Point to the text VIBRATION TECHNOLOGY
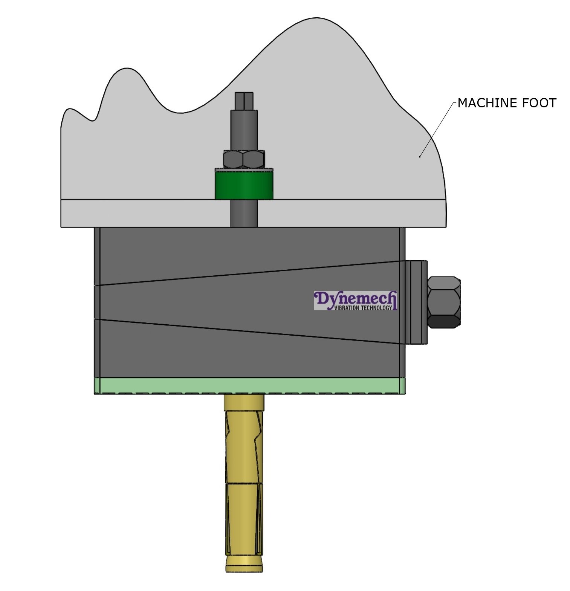pos(363,308)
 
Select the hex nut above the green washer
pos(244,159)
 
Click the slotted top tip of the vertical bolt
pos(244,101)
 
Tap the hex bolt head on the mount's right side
pos(444,302)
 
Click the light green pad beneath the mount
pos(249,385)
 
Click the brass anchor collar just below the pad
pos(244,402)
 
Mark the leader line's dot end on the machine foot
pos(420,156)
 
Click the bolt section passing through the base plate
pos(244,213)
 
